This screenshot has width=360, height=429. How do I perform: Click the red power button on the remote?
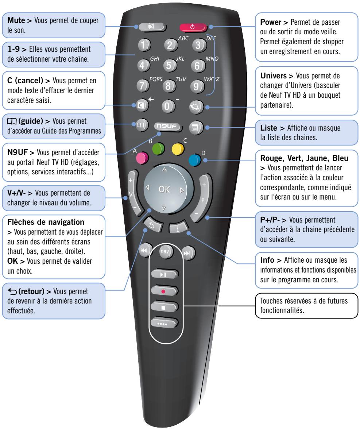click(192, 27)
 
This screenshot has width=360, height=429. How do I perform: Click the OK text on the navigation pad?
click(164, 189)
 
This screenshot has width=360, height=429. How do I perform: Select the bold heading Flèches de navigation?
click(35, 222)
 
